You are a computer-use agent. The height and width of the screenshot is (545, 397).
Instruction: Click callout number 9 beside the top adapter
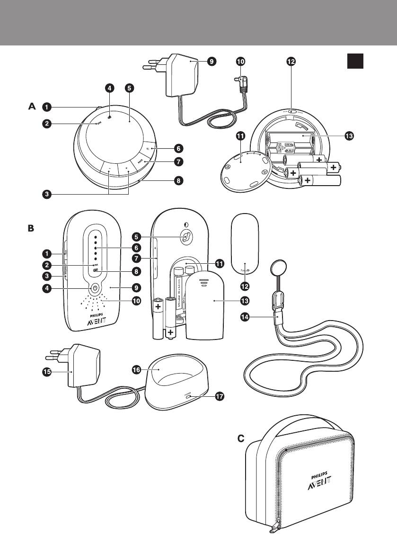coord(212,61)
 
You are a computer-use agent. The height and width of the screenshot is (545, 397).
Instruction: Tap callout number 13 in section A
coord(349,136)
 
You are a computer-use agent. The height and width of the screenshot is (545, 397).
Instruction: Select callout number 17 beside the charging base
coord(220,397)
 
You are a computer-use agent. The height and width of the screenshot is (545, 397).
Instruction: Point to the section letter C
coord(241,439)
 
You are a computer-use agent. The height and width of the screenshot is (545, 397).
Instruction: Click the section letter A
coord(32,107)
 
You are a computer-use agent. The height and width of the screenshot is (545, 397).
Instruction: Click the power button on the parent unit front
coord(95,287)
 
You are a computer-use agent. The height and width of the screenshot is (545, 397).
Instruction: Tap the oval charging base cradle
coord(175,384)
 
